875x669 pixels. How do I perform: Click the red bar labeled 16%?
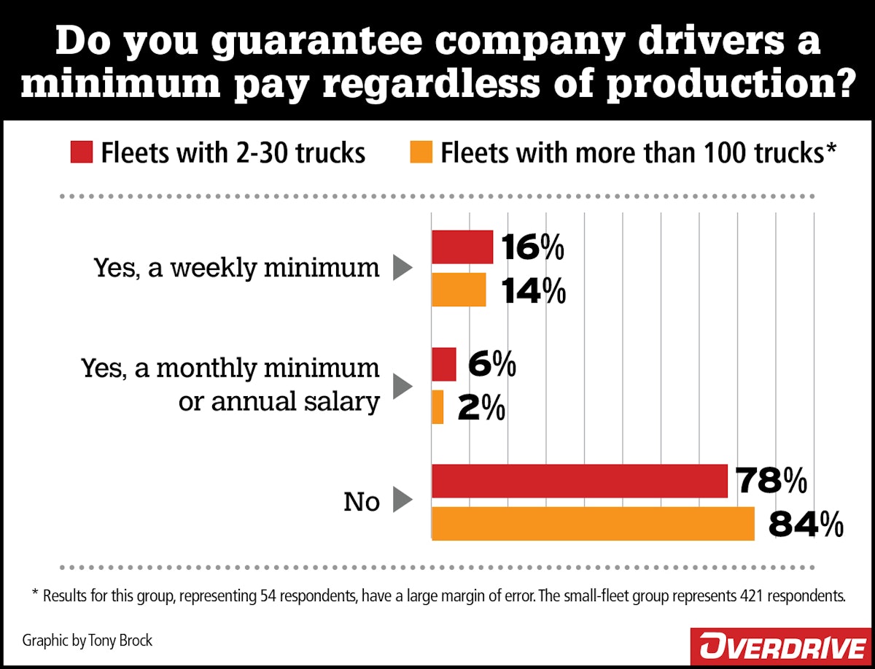point(462,247)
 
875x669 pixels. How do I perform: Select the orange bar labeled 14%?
point(459,290)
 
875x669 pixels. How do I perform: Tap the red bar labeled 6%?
point(444,364)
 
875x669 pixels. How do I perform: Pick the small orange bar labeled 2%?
point(437,407)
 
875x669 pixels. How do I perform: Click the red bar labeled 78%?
point(580,481)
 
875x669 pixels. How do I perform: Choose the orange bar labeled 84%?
point(593,524)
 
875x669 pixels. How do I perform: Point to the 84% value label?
point(806,525)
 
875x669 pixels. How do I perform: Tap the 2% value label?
point(482,409)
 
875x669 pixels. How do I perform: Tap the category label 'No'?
point(362,502)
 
